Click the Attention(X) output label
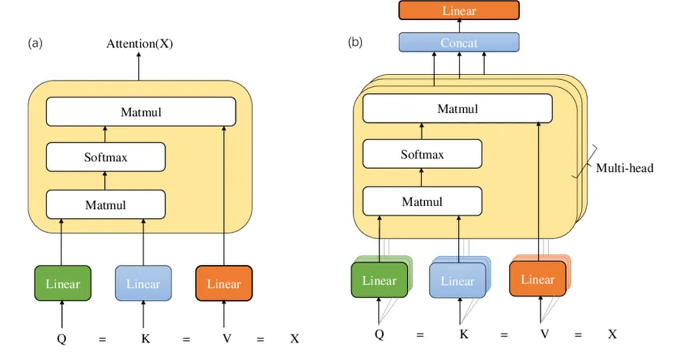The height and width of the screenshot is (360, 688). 139,44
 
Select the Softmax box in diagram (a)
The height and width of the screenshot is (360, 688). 105,157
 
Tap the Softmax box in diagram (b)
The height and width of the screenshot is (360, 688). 422,155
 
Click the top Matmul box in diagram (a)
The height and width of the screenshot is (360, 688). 140,112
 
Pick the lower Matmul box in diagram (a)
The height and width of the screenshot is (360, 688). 105,204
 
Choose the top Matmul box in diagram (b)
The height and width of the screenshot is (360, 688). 458,108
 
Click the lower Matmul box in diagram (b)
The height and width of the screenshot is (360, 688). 422,202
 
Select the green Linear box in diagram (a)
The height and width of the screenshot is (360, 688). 62,283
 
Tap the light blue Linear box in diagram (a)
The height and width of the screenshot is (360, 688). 143,283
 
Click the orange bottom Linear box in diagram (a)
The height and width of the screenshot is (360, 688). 224,283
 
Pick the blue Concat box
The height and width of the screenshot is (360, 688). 459,42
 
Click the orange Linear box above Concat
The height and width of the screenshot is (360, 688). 459,10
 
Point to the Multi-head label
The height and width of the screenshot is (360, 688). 624,169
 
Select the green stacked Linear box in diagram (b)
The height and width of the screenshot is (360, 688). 379,280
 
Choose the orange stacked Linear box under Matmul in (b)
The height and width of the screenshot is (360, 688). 537,279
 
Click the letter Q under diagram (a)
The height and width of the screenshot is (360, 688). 61,339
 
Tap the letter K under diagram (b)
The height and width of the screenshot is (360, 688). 464,334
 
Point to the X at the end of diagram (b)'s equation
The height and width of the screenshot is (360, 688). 612,334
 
